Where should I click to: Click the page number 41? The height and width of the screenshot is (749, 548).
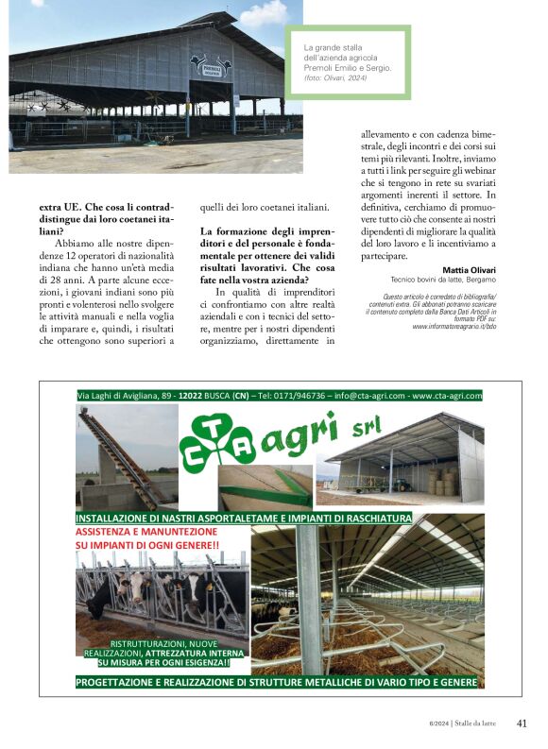click(x=522, y=723)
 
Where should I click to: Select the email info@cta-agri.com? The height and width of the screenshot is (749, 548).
click(x=358, y=396)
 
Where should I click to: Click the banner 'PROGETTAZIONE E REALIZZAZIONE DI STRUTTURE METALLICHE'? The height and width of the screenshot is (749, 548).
click(x=276, y=682)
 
